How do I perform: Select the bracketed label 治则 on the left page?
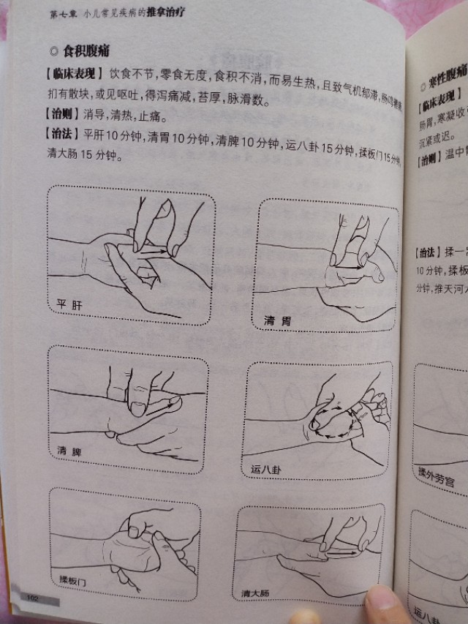tap(64, 116)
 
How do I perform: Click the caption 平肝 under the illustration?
tap(70, 304)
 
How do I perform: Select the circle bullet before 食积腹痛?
tap(53, 52)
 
